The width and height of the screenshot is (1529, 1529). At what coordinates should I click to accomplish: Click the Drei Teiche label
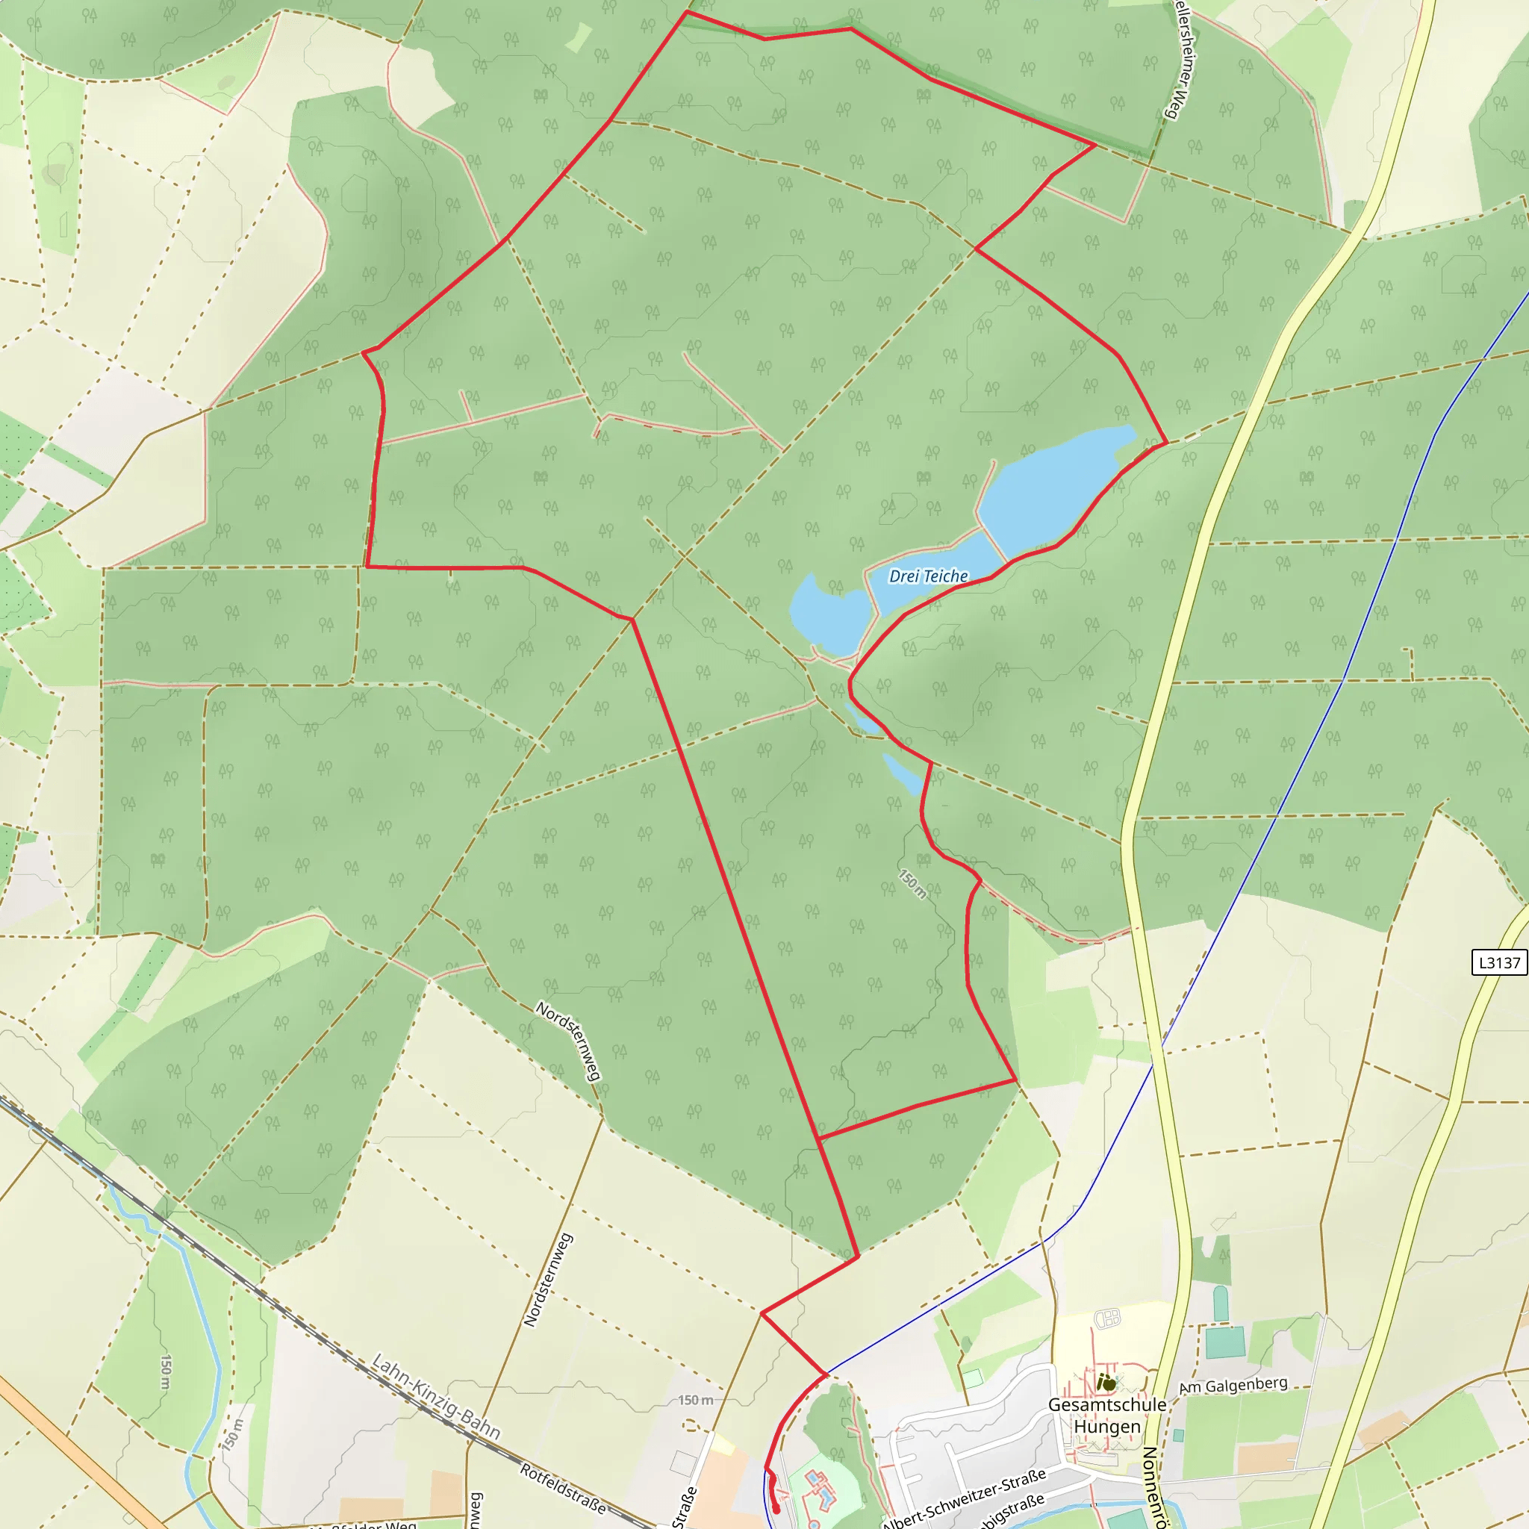pyautogui.click(x=928, y=576)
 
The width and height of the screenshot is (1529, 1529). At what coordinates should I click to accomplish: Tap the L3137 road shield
pyautogui.click(x=1499, y=962)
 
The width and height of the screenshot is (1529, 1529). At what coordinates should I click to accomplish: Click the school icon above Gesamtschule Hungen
pyautogui.click(x=1109, y=1383)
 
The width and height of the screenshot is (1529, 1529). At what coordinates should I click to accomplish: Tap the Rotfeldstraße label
pyautogui.click(x=563, y=1488)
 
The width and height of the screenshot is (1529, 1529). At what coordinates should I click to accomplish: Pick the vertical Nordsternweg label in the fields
pyautogui.click(x=548, y=1280)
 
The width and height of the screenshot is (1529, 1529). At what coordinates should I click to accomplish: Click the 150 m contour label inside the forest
pyautogui.click(x=912, y=883)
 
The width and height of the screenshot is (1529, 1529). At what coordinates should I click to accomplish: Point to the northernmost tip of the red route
pyautogui.click(x=686, y=12)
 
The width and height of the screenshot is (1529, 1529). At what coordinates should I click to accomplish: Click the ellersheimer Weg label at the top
pyautogui.click(x=1183, y=60)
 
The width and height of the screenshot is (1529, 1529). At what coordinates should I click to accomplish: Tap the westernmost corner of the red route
pyautogui.click(x=364, y=352)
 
